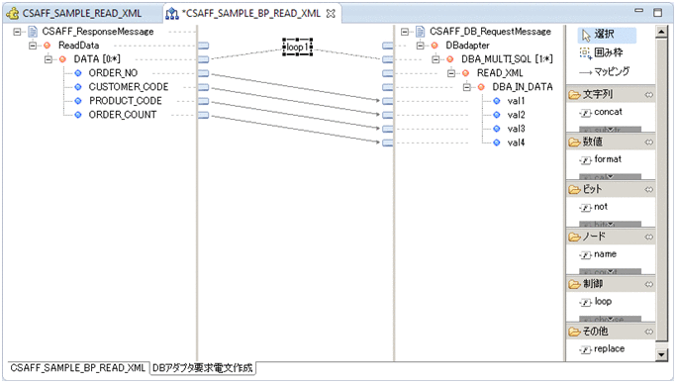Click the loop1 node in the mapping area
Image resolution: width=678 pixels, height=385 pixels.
pos(298,47)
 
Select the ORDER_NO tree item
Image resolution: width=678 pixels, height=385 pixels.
pos(113,73)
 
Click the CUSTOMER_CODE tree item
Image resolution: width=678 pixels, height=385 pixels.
pos(128,87)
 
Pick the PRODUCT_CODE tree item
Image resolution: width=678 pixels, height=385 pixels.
pos(125,101)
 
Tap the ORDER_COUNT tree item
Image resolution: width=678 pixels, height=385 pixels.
pos(122,115)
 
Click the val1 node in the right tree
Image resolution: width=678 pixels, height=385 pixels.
pos(516,101)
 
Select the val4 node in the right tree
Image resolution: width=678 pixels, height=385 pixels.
pos(516,143)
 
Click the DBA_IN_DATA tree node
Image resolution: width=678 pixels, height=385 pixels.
pos(524,87)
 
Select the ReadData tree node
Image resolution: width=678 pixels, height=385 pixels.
pos(78,46)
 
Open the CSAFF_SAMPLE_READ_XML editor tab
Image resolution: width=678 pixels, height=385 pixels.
pos(80,14)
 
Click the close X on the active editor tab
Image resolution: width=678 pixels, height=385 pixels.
pos(332,14)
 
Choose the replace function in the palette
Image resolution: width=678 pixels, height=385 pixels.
pos(610,349)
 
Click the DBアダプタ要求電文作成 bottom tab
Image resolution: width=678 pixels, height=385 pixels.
pos(202,368)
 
